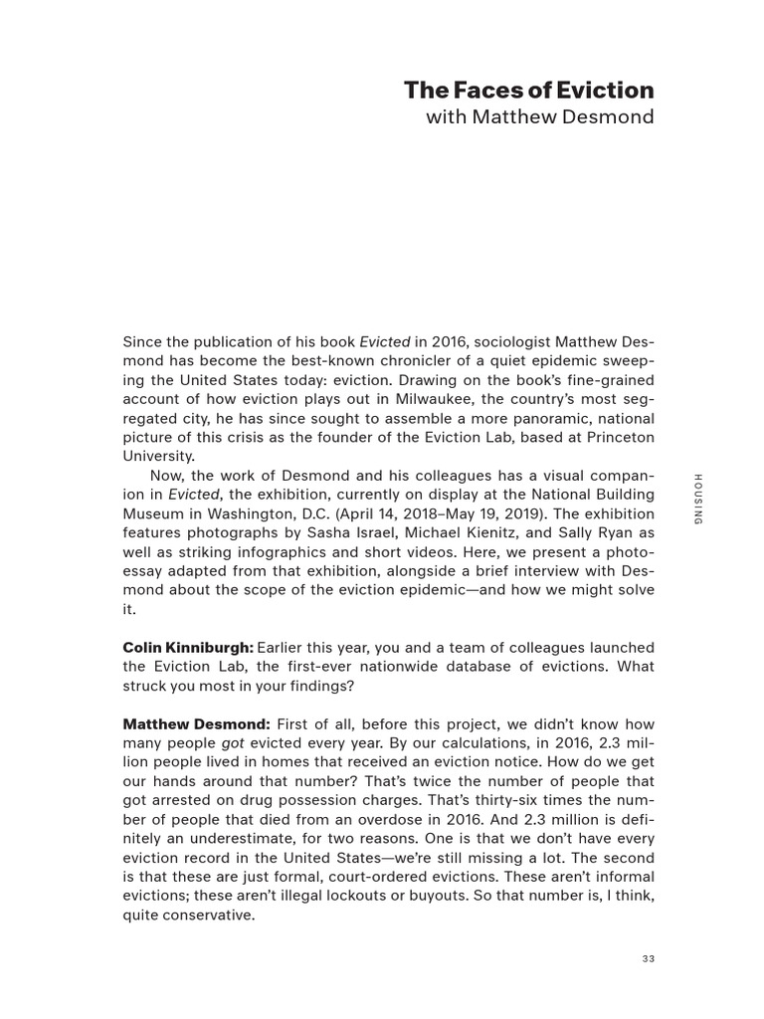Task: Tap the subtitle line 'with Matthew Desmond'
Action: (x=540, y=117)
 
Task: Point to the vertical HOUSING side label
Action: (x=697, y=500)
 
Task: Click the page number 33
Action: (x=648, y=959)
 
